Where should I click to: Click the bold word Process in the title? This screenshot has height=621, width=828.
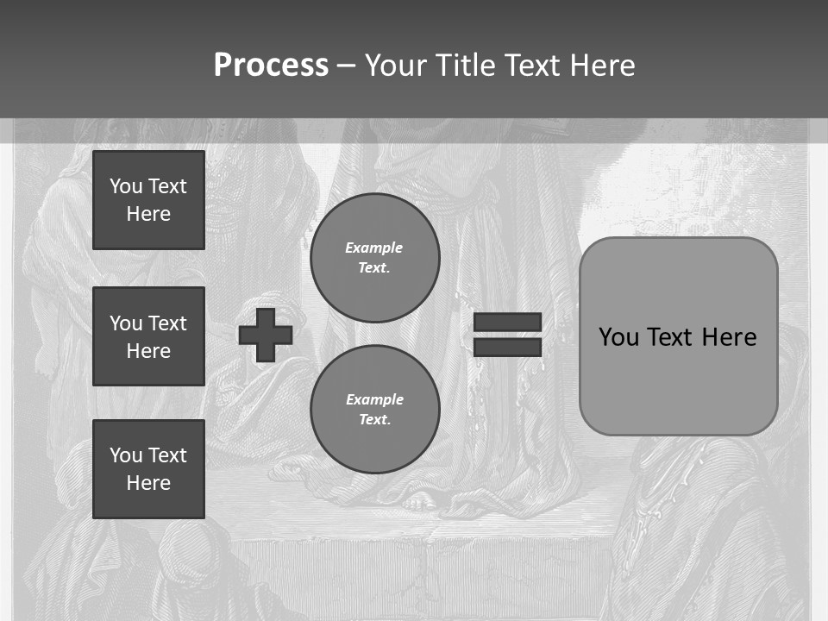tap(271, 66)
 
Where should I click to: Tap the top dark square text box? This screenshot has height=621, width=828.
tap(148, 200)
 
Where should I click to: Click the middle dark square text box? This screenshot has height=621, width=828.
tap(148, 336)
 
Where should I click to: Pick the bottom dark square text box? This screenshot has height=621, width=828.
tap(148, 468)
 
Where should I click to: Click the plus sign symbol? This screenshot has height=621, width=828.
tap(266, 336)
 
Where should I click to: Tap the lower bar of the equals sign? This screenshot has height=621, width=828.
tap(507, 348)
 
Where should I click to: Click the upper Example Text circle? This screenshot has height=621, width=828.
tap(374, 257)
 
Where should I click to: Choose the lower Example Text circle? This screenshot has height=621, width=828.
tap(374, 409)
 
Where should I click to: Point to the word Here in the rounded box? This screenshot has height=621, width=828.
tap(729, 337)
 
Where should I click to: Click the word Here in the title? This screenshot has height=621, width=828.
tap(603, 66)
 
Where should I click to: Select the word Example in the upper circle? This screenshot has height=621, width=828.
tap(373, 248)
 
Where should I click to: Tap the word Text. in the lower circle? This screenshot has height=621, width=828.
tap(374, 420)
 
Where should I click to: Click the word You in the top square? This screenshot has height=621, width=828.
tap(125, 186)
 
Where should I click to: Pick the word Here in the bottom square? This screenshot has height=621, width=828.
tap(148, 483)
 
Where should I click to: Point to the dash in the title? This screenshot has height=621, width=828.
tap(347, 66)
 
